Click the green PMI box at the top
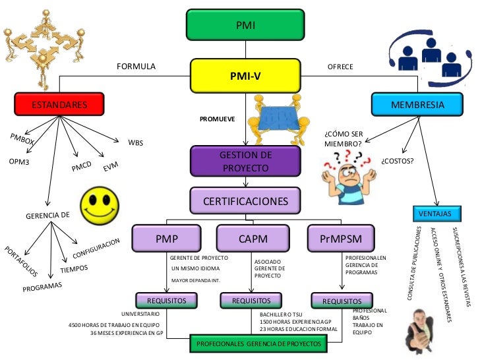point(245,25)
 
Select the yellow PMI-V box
point(245,76)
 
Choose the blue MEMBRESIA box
point(417,105)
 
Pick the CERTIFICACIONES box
point(245,200)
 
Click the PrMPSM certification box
point(341,239)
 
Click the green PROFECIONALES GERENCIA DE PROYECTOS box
point(258,344)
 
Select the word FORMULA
point(136,67)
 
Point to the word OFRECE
point(340,67)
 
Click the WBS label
point(135,142)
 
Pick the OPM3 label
point(18,162)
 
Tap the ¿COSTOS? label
point(397,160)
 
